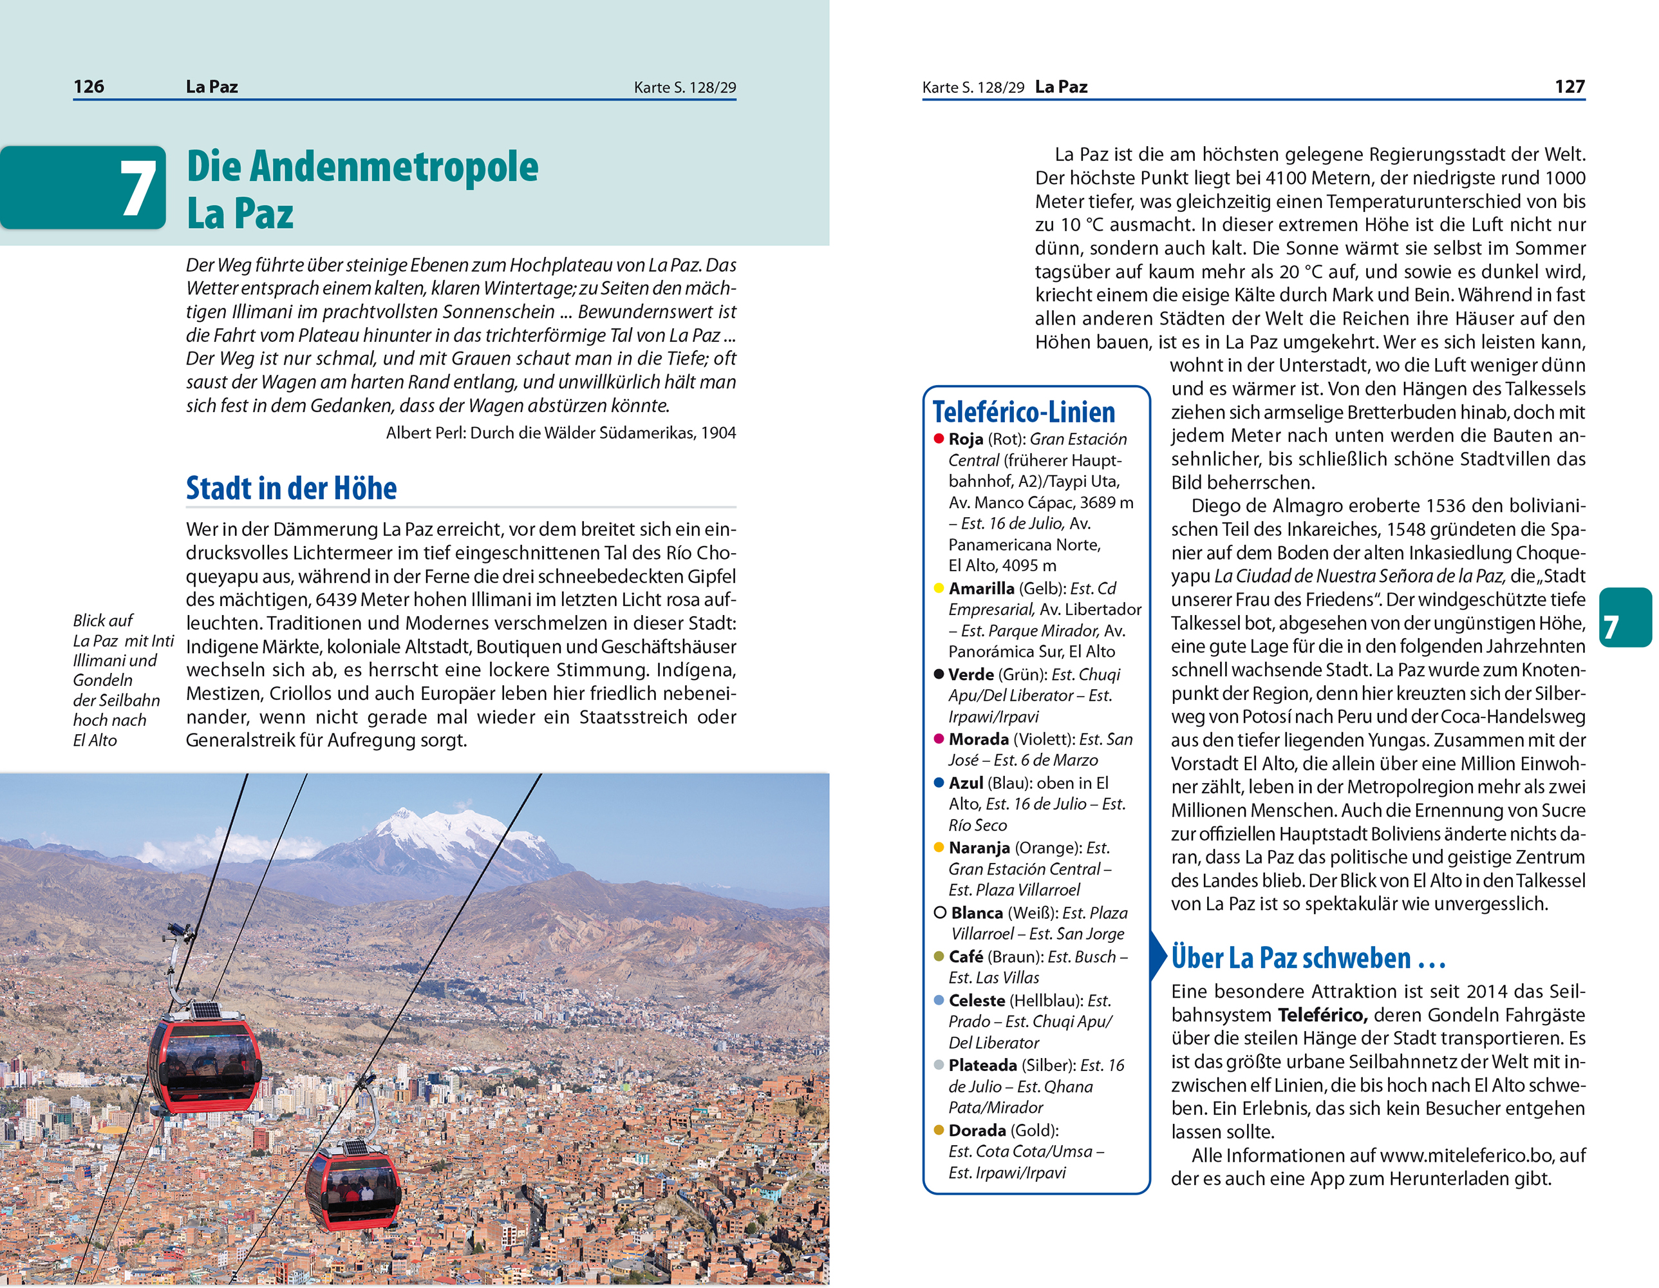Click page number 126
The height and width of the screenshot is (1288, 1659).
pyautogui.click(x=89, y=87)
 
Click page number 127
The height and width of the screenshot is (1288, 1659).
pyautogui.click(x=1570, y=87)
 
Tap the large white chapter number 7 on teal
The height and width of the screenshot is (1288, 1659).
pyautogui.click(x=139, y=189)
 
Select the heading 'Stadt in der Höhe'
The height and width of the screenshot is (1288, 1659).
pyautogui.click(x=291, y=489)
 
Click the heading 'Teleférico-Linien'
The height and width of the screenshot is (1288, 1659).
pyautogui.click(x=1023, y=412)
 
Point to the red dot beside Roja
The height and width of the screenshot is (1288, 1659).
pyautogui.click(x=939, y=439)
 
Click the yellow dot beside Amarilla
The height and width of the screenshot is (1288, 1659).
pyautogui.click(x=939, y=588)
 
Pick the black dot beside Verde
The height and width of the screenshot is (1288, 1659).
pyautogui.click(x=939, y=674)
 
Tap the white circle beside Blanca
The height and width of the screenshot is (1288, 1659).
pyautogui.click(x=940, y=913)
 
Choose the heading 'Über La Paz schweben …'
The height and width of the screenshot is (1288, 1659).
pyautogui.click(x=1308, y=958)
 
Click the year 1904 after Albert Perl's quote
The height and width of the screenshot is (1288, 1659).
pyautogui.click(x=718, y=433)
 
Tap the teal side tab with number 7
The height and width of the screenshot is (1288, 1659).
pyautogui.click(x=1626, y=617)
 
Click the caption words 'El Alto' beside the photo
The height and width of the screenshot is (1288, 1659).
pyautogui.click(x=95, y=740)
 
